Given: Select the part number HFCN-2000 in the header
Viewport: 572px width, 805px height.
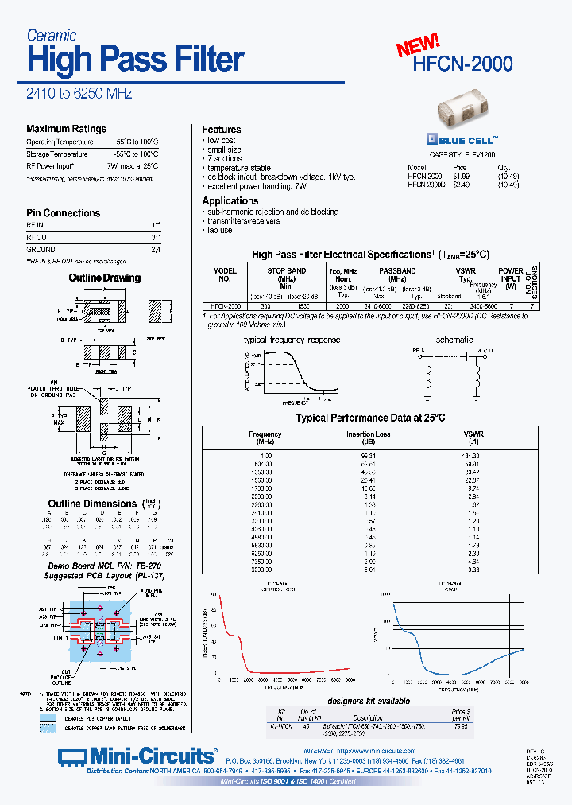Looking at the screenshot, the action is click(x=463, y=64).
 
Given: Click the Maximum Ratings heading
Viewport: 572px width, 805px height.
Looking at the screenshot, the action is click(x=66, y=129).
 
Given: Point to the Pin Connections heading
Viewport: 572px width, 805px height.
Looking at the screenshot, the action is click(x=63, y=213).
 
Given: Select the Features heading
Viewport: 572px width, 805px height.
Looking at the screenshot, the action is click(x=221, y=130).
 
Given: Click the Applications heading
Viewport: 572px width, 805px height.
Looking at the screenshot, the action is click(x=230, y=201).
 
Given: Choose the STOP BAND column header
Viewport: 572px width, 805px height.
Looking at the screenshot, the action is click(x=286, y=271).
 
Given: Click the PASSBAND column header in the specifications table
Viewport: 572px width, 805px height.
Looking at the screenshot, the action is click(x=396, y=271).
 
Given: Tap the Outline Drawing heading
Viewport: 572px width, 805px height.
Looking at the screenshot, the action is click(x=104, y=278).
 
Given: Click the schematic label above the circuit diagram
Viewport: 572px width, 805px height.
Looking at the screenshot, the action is click(x=454, y=340).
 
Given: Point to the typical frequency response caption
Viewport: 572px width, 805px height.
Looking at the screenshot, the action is click(x=292, y=340).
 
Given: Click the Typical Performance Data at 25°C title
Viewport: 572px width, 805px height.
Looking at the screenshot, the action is click(x=370, y=418).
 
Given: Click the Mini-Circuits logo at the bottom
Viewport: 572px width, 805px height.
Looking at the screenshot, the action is click(x=138, y=755).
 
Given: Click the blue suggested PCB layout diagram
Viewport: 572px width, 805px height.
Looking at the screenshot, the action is click(x=111, y=629).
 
